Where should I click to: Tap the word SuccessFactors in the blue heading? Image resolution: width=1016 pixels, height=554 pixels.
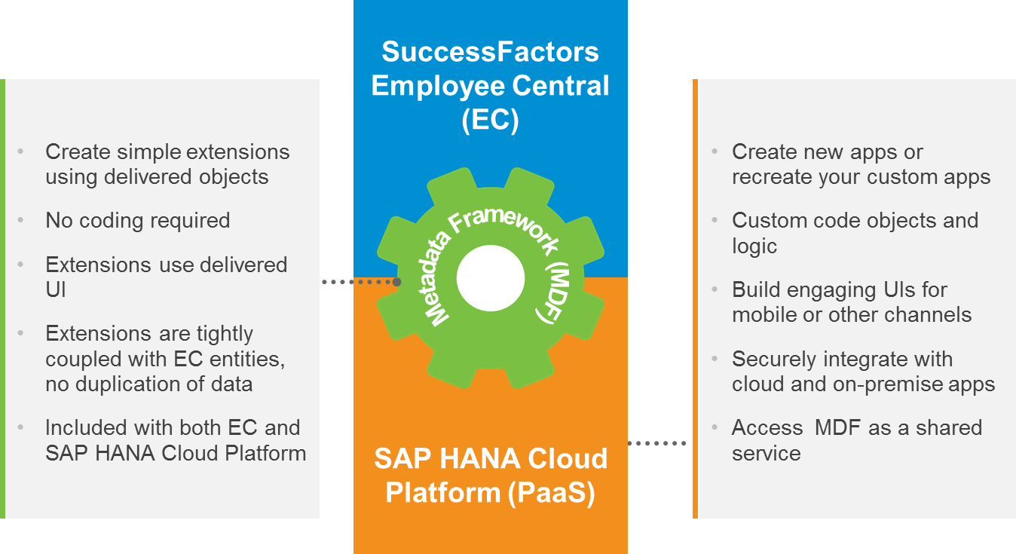[490, 52]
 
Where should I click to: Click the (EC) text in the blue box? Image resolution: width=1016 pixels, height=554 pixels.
[490, 120]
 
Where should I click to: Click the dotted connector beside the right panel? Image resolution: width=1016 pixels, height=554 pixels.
[657, 443]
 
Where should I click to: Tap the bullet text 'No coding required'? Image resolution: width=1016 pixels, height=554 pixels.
[138, 220]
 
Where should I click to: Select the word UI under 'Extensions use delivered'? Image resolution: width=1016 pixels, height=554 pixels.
[56, 289]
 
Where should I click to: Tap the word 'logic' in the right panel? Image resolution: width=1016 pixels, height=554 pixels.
[754, 246]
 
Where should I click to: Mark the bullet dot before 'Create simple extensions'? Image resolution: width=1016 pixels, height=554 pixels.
[21, 152]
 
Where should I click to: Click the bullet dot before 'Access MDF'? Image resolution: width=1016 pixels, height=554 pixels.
[714, 427]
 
